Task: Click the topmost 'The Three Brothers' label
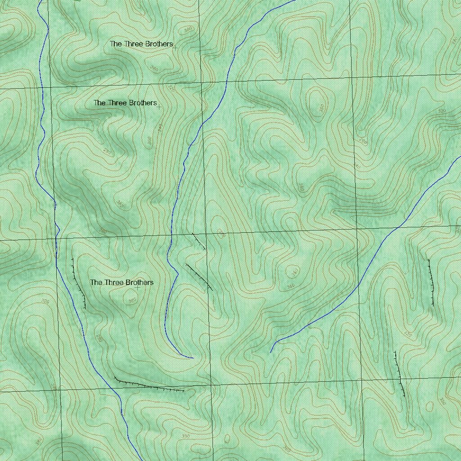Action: click(x=141, y=44)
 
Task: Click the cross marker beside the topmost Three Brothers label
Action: click(x=175, y=47)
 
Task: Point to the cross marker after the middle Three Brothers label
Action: click(x=159, y=107)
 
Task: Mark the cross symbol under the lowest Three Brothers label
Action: click(x=137, y=288)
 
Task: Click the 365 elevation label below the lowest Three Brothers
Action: click(x=132, y=300)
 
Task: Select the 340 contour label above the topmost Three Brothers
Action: click(x=188, y=30)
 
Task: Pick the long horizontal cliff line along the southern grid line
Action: click(x=149, y=385)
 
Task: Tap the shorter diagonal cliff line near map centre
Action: click(x=199, y=241)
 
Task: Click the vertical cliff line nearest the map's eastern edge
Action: click(x=431, y=282)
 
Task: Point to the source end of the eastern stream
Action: click(x=271, y=352)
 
